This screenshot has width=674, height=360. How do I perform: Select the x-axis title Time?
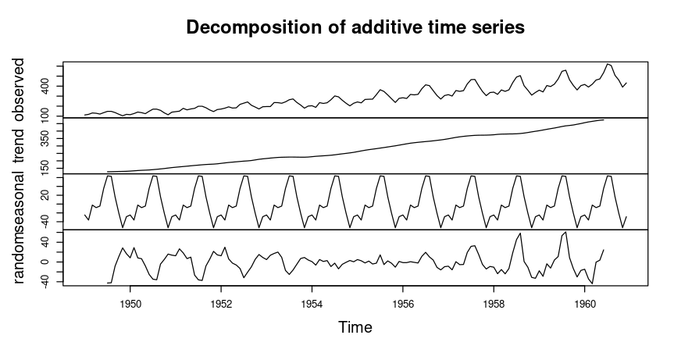pyautogui.click(x=355, y=328)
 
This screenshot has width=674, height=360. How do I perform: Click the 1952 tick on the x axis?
pyautogui.click(x=221, y=301)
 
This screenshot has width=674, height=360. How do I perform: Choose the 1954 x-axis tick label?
pyautogui.click(x=312, y=301)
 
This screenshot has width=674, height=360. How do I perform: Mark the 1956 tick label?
pyautogui.click(x=403, y=301)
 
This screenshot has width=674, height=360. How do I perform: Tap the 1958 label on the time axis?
pyautogui.click(x=494, y=301)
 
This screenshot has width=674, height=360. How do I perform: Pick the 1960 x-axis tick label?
pyautogui.click(x=584, y=301)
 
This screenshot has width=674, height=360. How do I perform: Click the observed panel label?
pyautogui.click(x=21, y=87)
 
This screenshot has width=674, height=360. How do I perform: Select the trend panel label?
pyautogui.click(x=21, y=145)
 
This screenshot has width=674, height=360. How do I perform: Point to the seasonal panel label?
pyautogui.click(x=21, y=201)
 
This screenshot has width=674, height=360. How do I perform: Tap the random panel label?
pyautogui.click(x=21, y=256)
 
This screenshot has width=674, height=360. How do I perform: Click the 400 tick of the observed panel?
pyautogui.click(x=45, y=90)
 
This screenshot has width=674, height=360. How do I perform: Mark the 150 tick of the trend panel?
pyautogui.click(x=45, y=166)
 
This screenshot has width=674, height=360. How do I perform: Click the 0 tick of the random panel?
pyautogui.click(x=45, y=262)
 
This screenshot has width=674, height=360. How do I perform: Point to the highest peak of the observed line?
pyautogui.click(x=608, y=63)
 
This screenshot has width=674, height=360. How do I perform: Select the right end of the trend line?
pyautogui.click(x=604, y=119)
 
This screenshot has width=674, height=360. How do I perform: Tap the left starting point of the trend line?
pyautogui.click(x=108, y=171)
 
